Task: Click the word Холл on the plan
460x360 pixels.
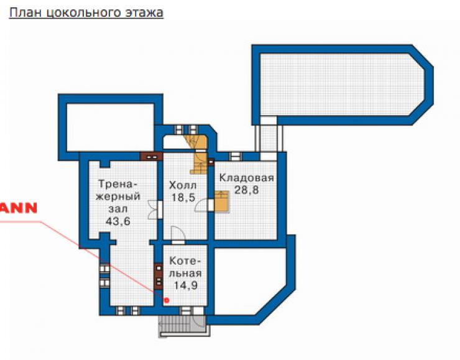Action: [183, 185]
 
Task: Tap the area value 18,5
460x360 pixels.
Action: [183, 198]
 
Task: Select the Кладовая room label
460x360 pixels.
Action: [247, 178]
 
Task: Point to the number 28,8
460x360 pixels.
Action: [247, 190]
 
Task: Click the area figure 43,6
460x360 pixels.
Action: [118, 221]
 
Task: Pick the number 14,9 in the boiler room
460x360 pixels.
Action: [185, 285]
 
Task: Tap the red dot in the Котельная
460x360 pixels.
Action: [167, 300]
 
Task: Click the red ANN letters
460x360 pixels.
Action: [18, 208]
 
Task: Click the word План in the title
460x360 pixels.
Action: [26, 12]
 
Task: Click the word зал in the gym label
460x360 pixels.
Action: [118, 209]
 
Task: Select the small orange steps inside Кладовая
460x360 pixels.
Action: [221, 201]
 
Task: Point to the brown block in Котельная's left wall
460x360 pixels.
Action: [159, 276]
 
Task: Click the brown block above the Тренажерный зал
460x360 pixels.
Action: [152, 157]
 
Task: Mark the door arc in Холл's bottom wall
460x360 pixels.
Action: [178, 233]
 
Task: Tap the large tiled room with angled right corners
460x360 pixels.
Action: [342, 85]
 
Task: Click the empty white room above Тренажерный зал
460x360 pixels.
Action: [110, 127]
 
